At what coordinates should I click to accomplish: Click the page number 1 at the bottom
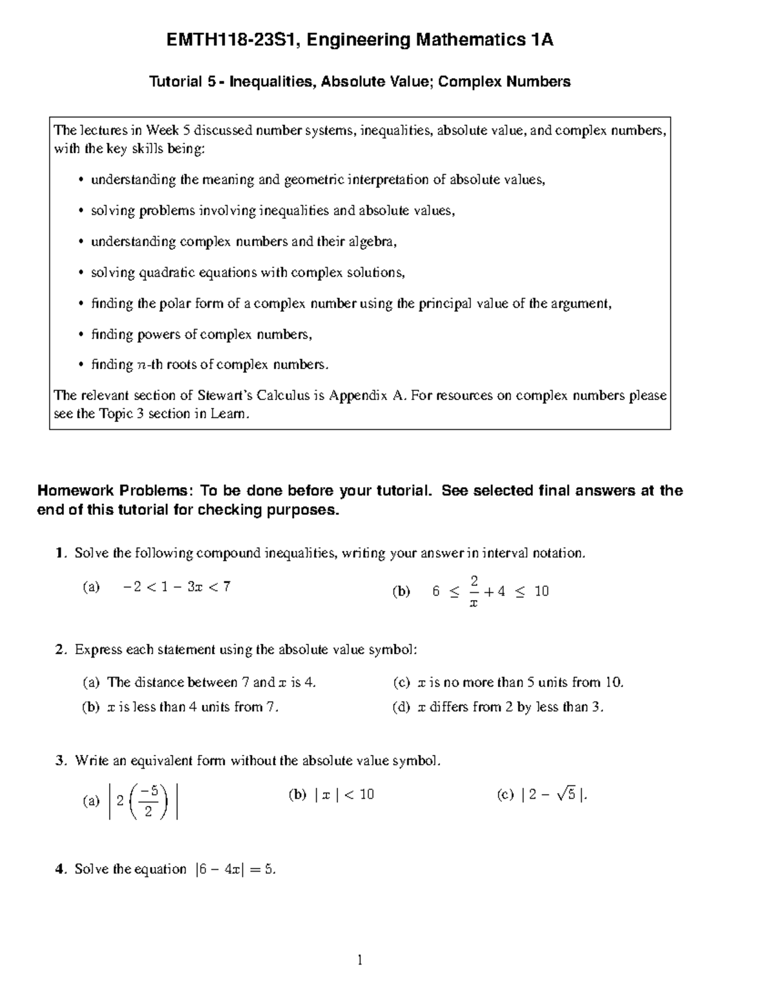pos(360,961)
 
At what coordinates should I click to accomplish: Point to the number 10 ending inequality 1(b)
pos(541,592)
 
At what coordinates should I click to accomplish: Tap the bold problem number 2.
pos(60,650)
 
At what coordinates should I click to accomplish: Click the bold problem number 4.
pos(60,869)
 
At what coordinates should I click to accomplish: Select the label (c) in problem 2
pos(401,683)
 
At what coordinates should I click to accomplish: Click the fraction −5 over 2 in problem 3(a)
pos(149,801)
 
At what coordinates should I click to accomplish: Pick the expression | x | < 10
pos(344,795)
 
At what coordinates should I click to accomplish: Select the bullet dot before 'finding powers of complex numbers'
pos(81,335)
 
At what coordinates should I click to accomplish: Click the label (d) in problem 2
pos(401,707)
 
